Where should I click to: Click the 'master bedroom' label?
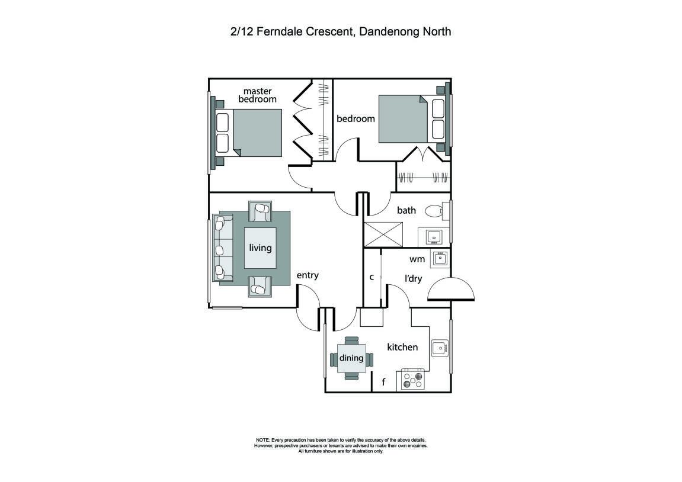click(257, 95)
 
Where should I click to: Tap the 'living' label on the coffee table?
click(260, 248)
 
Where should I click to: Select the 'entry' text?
click(308, 275)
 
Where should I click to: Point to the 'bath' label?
click(406, 210)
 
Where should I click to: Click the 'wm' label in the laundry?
click(417, 259)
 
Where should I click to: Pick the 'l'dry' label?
click(413, 278)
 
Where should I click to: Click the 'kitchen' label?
click(402, 347)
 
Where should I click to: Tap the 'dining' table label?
click(351, 358)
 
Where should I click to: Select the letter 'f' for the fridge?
click(383, 383)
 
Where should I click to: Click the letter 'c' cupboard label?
click(372, 277)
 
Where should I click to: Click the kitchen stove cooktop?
click(413, 379)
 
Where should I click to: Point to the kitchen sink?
click(438, 348)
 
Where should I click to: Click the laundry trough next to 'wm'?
click(439, 258)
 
